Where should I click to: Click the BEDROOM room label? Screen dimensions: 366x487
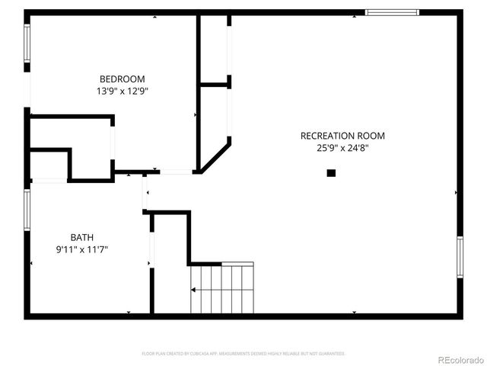coord(122,79)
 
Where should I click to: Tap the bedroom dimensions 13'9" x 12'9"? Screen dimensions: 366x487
coord(122,91)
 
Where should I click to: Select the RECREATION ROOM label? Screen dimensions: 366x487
coord(342,136)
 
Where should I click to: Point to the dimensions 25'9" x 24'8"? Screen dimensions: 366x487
coord(342,149)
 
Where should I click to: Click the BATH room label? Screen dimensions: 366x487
coord(82,236)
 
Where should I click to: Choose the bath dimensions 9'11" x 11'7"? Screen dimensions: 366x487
coord(82,249)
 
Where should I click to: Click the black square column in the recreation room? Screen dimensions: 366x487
coord(331,173)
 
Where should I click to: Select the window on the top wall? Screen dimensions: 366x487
coord(392,12)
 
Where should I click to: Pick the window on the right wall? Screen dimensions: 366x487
coord(460,257)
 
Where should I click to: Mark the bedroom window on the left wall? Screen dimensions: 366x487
coord(27,43)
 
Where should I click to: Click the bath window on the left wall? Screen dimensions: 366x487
coord(27,210)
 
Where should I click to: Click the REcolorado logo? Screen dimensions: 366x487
coord(459,359)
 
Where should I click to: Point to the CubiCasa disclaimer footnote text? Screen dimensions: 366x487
coord(243,354)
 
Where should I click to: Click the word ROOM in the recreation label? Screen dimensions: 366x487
coord(372,136)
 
